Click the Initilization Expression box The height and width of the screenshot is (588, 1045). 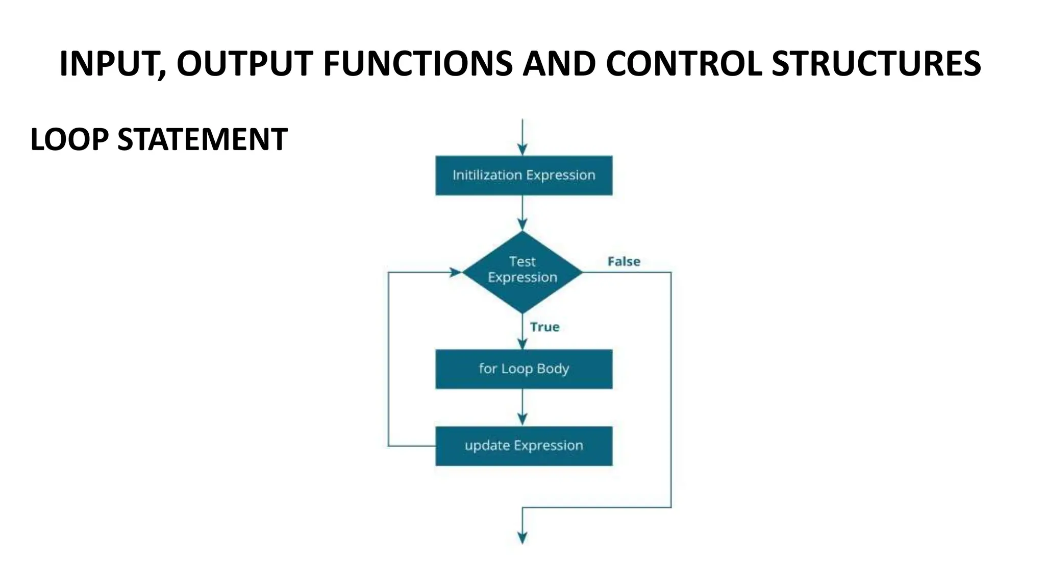tap(524, 175)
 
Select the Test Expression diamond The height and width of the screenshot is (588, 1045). tap(522, 272)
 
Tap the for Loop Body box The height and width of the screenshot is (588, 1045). tap(524, 369)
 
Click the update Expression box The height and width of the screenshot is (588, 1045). tap(524, 446)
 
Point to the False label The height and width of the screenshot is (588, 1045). tap(624, 261)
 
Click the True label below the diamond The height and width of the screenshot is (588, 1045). tap(544, 327)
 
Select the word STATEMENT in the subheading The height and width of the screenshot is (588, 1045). tap(202, 140)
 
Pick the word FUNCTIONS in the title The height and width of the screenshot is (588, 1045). tap(417, 64)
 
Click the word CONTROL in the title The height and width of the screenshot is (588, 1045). tap(684, 64)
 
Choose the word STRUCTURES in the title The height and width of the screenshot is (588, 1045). tap(876, 64)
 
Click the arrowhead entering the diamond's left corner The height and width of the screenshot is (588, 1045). tap(456, 272)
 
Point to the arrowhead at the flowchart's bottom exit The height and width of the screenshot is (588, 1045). tap(522, 538)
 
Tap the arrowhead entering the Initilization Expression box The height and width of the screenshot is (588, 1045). tap(522, 150)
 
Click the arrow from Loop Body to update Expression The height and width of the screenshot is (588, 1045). tap(522, 407)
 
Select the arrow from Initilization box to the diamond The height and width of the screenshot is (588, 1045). tap(522, 212)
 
